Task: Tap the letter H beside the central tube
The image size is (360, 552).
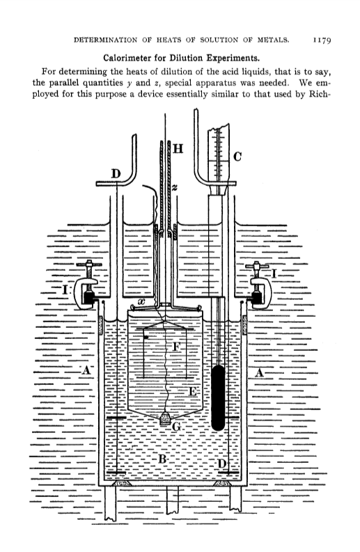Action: click(x=178, y=149)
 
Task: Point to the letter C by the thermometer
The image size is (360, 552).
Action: click(x=237, y=157)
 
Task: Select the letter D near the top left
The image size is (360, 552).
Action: click(x=116, y=174)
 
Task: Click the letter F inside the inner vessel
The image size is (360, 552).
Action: click(x=177, y=347)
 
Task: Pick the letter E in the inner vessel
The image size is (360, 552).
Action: click(x=192, y=391)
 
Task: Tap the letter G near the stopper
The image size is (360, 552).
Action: click(x=176, y=427)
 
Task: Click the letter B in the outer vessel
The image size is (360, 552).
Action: click(x=162, y=459)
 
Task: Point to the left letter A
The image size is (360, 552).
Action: click(x=86, y=371)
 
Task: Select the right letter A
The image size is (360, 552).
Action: click(x=259, y=372)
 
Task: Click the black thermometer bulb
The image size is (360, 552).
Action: click(x=219, y=397)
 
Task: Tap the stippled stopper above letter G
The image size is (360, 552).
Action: click(x=165, y=418)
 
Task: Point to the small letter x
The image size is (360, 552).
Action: click(x=142, y=301)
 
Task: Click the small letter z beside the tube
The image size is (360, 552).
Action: click(x=175, y=189)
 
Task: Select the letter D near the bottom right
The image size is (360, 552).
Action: click(x=221, y=464)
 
